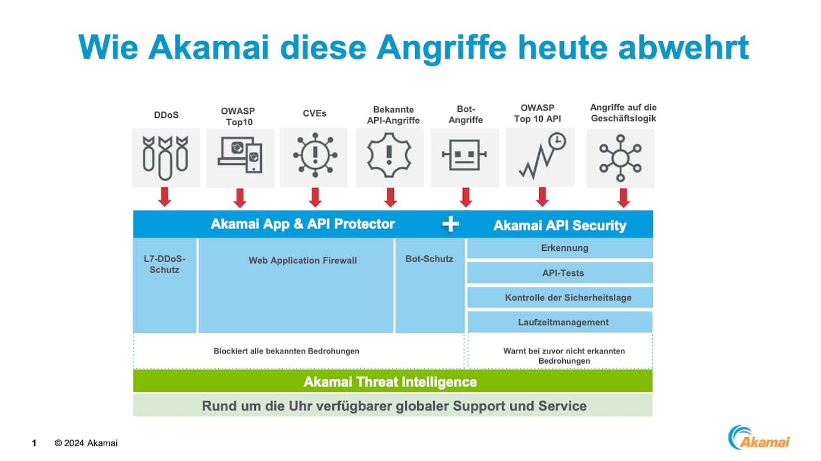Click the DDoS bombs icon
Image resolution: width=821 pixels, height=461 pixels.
pyautogui.click(x=165, y=155)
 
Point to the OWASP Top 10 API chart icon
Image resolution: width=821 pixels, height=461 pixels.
pyautogui.click(x=541, y=155)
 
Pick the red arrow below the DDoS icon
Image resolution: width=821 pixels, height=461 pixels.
pyautogui.click(x=165, y=197)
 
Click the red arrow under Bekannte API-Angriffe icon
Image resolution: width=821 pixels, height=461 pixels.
pyautogui.click(x=391, y=197)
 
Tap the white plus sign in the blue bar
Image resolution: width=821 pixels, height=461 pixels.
pyautogui.click(x=450, y=224)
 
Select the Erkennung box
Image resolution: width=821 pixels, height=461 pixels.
pyautogui.click(x=560, y=248)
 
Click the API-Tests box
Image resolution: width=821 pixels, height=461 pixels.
pyautogui.click(x=560, y=273)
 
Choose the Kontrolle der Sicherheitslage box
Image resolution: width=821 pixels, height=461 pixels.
pyautogui.click(x=560, y=297)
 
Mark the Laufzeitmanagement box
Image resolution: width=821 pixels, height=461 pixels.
pyautogui.click(x=560, y=322)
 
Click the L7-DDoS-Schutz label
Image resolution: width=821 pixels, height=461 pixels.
pyautogui.click(x=165, y=264)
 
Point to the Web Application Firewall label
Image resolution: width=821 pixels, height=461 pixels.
pyautogui.click(x=303, y=260)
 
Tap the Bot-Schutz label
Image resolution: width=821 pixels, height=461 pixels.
pyautogui.click(x=429, y=259)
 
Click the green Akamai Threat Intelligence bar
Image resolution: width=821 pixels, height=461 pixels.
pyautogui.click(x=392, y=381)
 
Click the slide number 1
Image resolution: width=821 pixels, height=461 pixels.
pyautogui.click(x=34, y=443)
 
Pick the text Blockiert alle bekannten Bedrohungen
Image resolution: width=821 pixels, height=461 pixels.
pyautogui.click(x=286, y=351)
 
